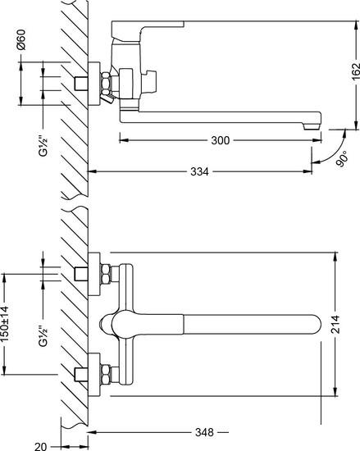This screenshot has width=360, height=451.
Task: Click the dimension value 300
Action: point(219,140)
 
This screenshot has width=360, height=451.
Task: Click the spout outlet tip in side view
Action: point(311,126)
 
